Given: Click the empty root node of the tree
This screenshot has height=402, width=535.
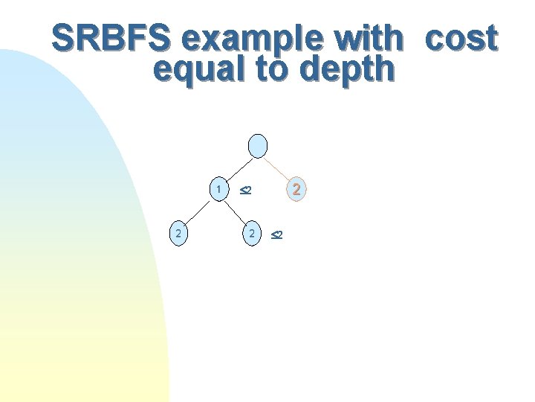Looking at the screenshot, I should click(x=257, y=146).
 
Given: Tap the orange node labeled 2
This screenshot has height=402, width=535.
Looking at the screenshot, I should click(x=296, y=190).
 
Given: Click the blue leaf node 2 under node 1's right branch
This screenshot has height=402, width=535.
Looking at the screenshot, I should click(x=253, y=234).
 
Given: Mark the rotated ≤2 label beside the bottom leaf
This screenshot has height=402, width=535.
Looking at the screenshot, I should click(x=275, y=235).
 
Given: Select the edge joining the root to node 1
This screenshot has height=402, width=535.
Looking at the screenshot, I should click(x=238, y=167).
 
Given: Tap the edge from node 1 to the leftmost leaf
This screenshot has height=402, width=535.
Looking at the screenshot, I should click(x=198, y=211).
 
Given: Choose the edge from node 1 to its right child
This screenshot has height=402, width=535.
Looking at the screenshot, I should click(x=236, y=211).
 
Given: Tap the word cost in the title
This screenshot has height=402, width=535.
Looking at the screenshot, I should click(x=461, y=38).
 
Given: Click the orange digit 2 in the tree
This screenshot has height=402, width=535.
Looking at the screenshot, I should click(x=296, y=190).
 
